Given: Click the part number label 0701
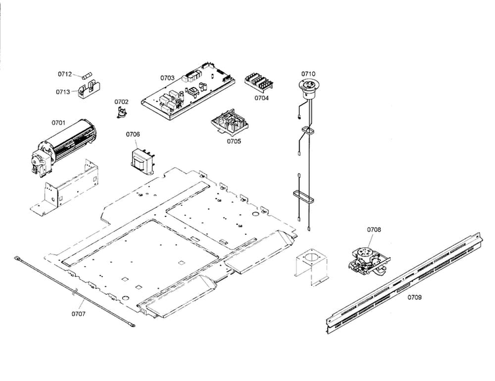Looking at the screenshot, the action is (x=58, y=123).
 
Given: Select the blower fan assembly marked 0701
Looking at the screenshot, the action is (x=64, y=146).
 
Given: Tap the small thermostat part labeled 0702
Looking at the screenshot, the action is (x=121, y=112).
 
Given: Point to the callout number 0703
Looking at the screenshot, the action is (x=167, y=78).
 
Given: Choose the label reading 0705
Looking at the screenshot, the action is (x=234, y=141).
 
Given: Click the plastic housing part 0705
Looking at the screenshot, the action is (x=230, y=121).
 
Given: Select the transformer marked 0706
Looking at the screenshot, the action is (x=143, y=161).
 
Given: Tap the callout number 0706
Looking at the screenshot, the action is (x=133, y=134).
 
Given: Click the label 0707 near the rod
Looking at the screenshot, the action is (x=79, y=314).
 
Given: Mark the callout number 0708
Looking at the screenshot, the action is (x=374, y=229).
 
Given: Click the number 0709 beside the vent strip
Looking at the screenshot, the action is (x=414, y=297).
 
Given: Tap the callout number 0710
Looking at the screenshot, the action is (x=308, y=74).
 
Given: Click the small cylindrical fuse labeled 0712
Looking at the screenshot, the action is (x=86, y=77).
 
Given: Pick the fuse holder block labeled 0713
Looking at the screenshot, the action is (x=89, y=90).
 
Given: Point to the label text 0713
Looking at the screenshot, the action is (x=63, y=92).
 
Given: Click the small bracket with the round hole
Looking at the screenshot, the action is (x=312, y=266).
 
